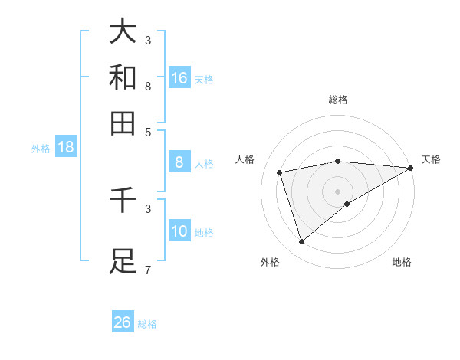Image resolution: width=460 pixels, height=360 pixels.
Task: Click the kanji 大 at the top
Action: pos(123,31)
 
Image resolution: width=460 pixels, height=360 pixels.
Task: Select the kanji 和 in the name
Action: pos(123,77)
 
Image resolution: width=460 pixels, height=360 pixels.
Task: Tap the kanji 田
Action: pos(123,123)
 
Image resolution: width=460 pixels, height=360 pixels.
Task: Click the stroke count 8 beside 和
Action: pos(148,86)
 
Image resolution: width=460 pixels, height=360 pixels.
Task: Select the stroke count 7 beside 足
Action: pos(148,269)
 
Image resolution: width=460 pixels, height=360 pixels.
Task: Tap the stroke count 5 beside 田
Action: pos(148,132)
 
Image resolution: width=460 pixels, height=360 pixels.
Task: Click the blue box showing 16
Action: pos(179,77)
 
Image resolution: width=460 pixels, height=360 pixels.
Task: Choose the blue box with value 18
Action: pos(66,147)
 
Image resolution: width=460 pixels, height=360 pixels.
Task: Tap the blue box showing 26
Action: pos(123,322)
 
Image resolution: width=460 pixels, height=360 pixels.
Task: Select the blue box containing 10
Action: pos(179,231)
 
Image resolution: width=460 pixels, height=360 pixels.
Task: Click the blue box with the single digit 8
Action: pos(179,162)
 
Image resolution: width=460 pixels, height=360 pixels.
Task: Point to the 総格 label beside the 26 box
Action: pos(147,324)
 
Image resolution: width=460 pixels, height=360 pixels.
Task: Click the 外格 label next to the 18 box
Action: pos(41,149)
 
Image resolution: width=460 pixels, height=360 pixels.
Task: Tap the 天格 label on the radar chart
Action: pos(431,159)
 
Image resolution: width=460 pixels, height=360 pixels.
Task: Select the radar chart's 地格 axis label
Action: pos(402,262)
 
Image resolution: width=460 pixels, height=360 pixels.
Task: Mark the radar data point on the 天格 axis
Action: pos(411,168)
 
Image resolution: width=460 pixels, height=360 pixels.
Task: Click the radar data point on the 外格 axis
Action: pos(301,242)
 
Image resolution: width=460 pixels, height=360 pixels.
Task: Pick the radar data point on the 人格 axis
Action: pos(281,172)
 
